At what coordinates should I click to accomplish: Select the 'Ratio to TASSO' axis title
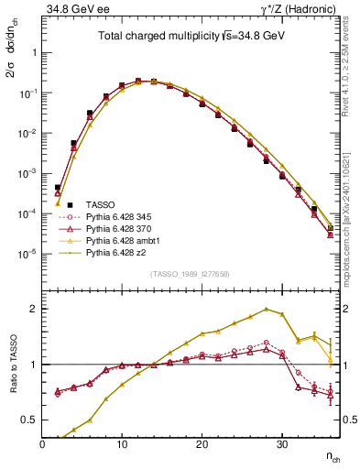point(11,365)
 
